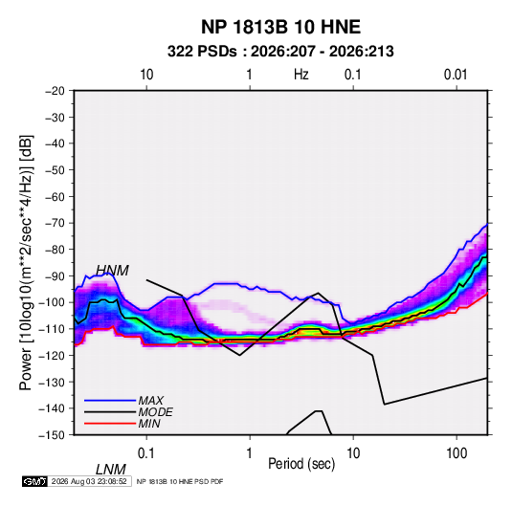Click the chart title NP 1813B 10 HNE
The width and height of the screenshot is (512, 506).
tap(280, 27)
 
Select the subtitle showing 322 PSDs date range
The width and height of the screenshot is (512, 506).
tap(280, 52)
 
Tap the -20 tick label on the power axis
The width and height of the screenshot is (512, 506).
tap(55, 91)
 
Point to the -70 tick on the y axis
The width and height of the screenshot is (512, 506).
tap(55, 223)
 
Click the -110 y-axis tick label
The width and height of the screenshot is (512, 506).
tap(53, 329)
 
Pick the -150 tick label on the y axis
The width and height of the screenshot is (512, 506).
tap(53, 435)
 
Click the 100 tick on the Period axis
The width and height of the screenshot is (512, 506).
tap(456, 453)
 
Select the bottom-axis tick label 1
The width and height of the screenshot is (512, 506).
tap(250, 453)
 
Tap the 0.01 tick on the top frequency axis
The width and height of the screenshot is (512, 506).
tap(456, 75)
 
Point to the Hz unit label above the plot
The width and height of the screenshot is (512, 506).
tap(301, 75)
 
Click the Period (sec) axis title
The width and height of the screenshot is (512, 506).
tap(301, 464)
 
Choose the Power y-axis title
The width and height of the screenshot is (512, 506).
tap(26, 263)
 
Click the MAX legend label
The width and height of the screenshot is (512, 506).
tap(151, 400)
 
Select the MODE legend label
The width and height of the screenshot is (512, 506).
tap(155, 412)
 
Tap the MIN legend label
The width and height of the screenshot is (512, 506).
tap(149, 424)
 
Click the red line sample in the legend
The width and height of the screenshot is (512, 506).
tap(110, 424)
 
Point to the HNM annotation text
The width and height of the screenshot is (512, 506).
tap(112, 271)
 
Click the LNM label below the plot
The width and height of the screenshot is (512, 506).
tap(111, 470)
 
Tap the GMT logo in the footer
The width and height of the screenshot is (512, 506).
tap(34, 481)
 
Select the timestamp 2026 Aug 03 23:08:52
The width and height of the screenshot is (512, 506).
tap(89, 481)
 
